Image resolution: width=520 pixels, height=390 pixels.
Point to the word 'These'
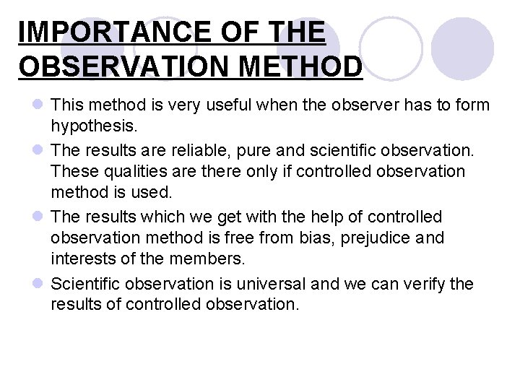73,172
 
